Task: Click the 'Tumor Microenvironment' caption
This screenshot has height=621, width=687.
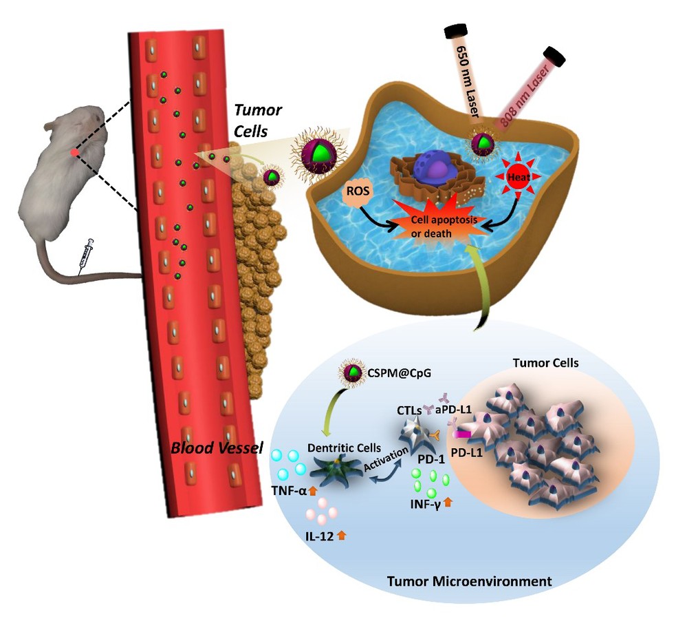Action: point(469,581)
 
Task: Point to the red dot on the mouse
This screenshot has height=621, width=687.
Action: point(74,152)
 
